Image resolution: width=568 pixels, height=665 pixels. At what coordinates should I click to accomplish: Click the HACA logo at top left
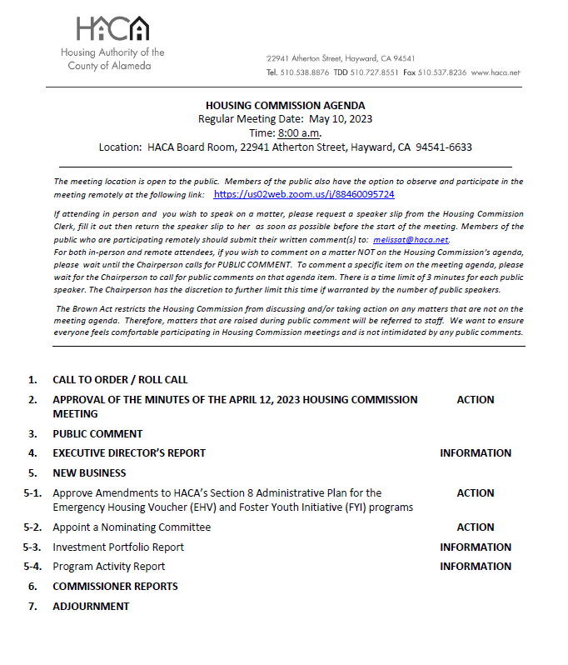click(x=112, y=30)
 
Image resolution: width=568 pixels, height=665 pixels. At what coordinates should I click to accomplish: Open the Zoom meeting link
click(x=304, y=194)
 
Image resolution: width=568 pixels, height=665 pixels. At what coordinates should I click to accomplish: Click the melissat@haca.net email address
click(x=411, y=239)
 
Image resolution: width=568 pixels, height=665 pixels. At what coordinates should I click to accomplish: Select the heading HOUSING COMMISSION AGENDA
click(x=285, y=106)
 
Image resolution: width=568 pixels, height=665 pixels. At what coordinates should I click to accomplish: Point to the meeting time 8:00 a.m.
click(x=300, y=133)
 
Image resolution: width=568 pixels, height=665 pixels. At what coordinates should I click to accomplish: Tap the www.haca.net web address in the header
click(x=496, y=72)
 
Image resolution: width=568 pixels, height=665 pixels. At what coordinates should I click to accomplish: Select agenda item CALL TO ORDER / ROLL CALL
click(x=120, y=380)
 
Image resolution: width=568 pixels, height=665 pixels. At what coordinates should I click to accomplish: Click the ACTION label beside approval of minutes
click(x=476, y=400)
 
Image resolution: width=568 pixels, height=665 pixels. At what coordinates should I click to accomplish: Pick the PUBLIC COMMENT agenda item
click(x=97, y=433)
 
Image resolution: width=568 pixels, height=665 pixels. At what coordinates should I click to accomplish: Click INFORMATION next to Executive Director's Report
click(x=476, y=453)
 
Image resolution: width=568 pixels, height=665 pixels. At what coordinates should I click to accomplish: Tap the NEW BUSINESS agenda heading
click(x=89, y=473)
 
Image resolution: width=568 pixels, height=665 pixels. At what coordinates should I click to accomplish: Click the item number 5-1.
click(x=32, y=493)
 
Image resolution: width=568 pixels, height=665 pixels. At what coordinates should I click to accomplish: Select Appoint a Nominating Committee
click(x=132, y=527)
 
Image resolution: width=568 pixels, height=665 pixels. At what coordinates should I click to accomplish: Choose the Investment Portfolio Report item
click(x=118, y=547)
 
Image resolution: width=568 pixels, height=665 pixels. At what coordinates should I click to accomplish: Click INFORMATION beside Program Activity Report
click(x=476, y=567)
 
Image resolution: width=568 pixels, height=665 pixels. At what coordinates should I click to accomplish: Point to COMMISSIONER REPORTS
click(x=115, y=587)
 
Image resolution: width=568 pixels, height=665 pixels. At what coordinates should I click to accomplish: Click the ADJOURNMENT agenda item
click(x=91, y=607)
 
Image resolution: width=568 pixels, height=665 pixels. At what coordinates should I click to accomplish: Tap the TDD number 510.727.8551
click(x=374, y=72)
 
